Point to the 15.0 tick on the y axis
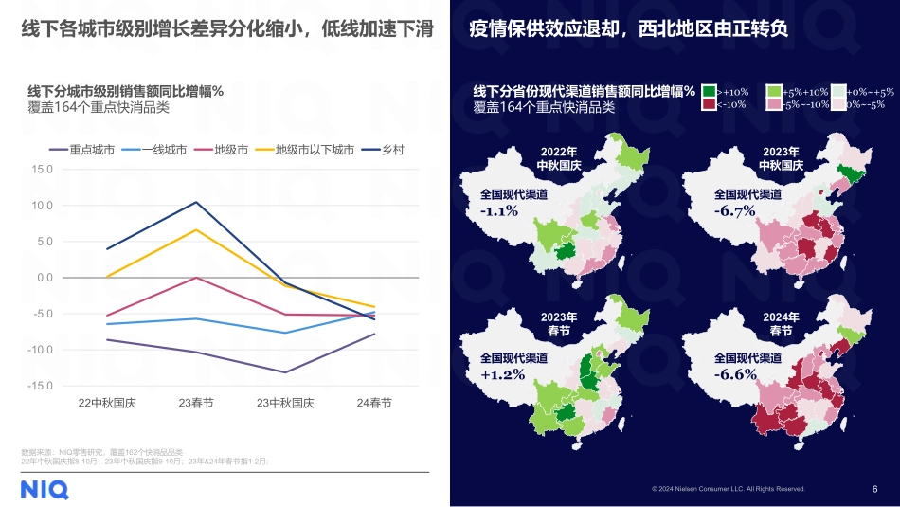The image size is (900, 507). tap(42, 170)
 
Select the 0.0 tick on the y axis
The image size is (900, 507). tap(45, 278)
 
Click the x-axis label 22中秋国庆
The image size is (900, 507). tap(107, 403)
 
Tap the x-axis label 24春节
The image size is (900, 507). tap(374, 403)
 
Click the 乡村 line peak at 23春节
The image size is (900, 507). tap(196, 202)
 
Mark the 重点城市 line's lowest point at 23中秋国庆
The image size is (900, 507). tap(285, 372)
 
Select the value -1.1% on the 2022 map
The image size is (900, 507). tap(499, 210)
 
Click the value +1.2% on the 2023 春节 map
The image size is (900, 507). tap(500, 375)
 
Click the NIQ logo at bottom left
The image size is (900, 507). tap(45, 489)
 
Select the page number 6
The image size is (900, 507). tap(874, 489)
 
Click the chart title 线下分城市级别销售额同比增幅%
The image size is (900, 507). tap(125, 91)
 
